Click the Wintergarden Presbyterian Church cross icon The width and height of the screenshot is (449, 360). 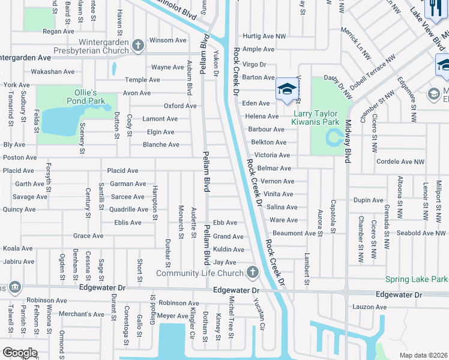(138, 44)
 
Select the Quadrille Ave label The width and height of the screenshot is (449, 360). (128, 209)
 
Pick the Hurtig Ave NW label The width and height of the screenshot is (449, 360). (264, 37)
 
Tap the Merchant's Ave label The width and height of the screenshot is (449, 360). (82, 314)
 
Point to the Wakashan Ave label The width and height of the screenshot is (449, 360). (53, 71)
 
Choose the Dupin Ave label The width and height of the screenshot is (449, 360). (369, 200)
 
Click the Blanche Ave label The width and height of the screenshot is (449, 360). (161, 145)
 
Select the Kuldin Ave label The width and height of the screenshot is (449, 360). (229, 250)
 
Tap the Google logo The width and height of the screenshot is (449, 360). (20, 353)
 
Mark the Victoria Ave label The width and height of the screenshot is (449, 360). (273, 155)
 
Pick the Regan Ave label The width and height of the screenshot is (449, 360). (58, 31)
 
